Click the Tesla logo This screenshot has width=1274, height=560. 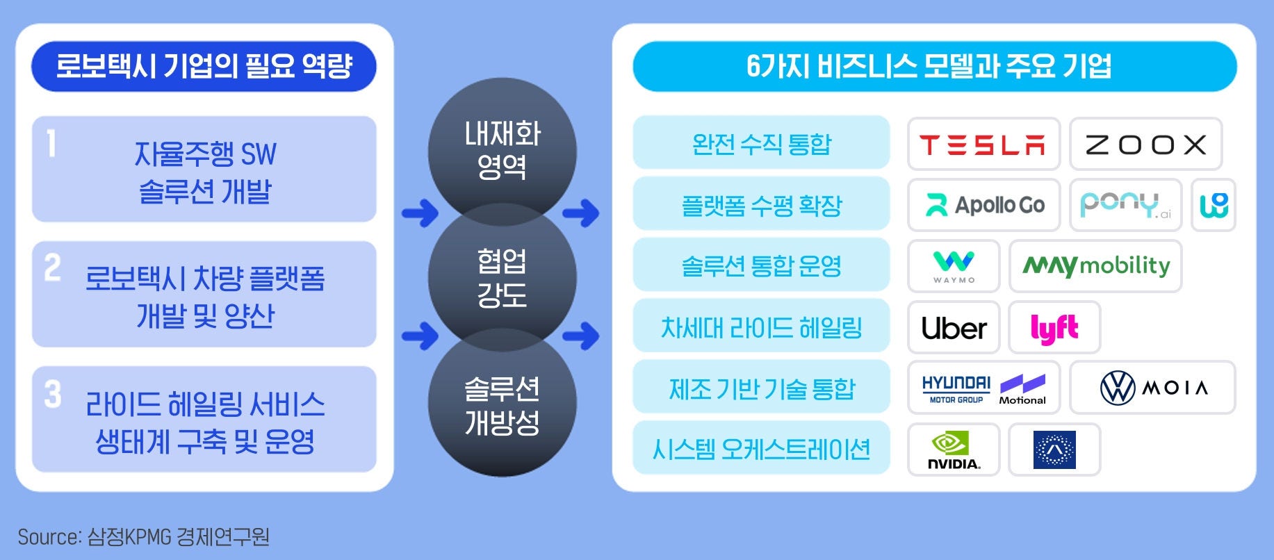click(983, 145)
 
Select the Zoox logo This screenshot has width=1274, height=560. click(1145, 145)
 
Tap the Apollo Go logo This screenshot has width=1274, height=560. click(984, 205)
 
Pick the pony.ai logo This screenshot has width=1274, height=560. click(1125, 205)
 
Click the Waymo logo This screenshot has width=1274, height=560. click(954, 266)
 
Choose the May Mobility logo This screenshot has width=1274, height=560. click(1095, 266)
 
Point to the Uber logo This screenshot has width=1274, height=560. click(954, 328)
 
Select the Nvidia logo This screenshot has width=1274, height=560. click(954, 450)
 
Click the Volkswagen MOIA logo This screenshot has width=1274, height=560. click(1152, 388)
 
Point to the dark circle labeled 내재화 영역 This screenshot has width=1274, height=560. click(502, 149)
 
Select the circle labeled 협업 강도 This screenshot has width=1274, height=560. click(502, 277)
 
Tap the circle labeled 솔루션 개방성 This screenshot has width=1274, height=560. click(502, 405)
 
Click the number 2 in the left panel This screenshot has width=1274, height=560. click(53, 267)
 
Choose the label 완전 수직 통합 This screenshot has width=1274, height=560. click(761, 144)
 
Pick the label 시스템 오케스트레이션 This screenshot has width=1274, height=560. click(761, 450)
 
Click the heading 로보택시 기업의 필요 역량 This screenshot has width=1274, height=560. click(204, 67)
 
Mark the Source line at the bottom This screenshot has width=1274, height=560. click(143, 537)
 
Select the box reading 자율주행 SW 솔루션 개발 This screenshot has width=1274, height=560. click(204, 170)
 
